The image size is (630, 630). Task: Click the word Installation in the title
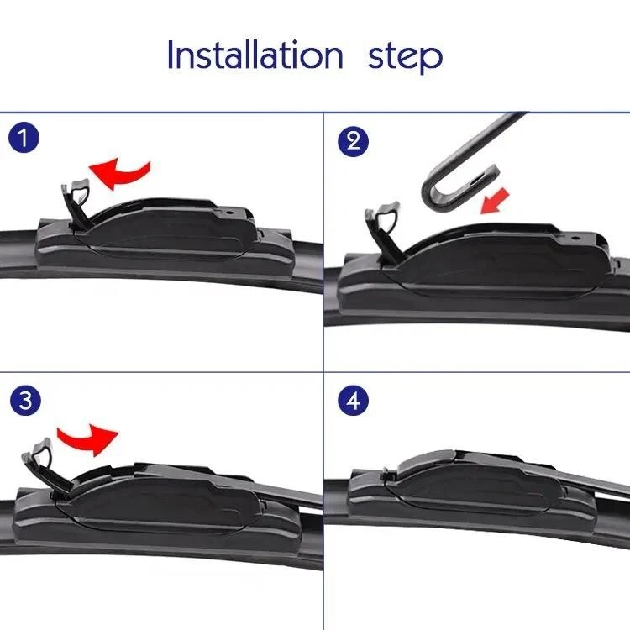(254, 56)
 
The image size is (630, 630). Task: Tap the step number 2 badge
(353, 139)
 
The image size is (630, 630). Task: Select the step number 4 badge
(353, 401)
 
